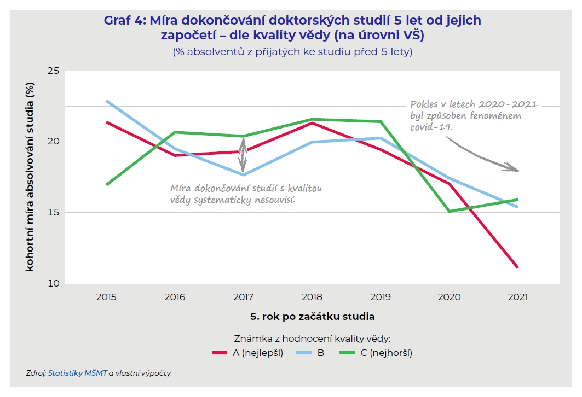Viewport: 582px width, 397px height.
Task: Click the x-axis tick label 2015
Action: pos(106,297)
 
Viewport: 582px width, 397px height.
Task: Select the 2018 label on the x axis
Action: pos(312,297)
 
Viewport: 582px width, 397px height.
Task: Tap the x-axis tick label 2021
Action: pos(517,297)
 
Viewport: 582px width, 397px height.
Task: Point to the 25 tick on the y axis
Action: pos(53,71)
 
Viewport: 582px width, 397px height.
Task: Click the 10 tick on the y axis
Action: pos(53,283)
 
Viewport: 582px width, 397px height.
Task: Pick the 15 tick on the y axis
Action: pos(53,213)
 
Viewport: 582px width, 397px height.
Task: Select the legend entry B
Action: pos(320,353)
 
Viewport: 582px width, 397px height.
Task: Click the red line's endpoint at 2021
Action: pos(517,267)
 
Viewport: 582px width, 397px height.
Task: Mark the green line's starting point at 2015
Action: pos(106,185)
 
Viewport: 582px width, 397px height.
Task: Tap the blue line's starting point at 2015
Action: pos(106,101)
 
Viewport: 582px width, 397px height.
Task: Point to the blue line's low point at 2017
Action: pos(243,175)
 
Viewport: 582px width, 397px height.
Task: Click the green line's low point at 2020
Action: pos(450,211)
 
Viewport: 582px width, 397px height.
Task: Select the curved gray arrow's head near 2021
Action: pos(515,170)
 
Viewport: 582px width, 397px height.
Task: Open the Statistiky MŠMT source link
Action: pos(77,373)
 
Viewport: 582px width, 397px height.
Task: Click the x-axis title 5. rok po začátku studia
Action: pos(312,316)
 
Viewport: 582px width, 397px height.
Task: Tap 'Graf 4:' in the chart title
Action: pos(123,21)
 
